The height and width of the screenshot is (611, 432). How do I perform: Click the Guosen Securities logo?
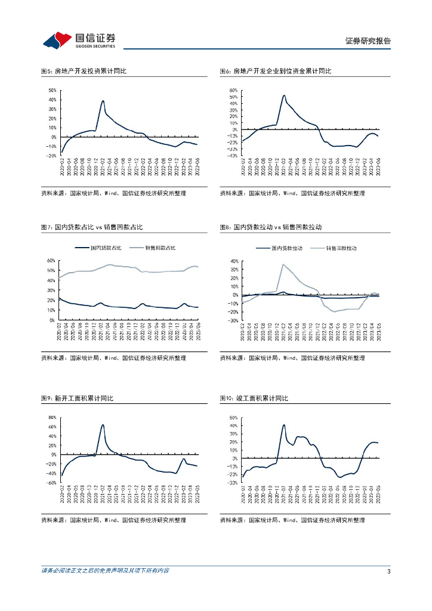(x=79, y=40)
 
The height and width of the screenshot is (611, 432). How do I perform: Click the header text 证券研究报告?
(x=368, y=41)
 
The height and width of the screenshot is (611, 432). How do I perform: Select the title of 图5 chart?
(x=84, y=71)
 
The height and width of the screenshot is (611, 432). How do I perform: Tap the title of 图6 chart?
(x=275, y=71)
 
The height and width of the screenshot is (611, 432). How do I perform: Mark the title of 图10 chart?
(x=254, y=398)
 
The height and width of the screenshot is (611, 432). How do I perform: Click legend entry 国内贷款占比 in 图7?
(x=106, y=248)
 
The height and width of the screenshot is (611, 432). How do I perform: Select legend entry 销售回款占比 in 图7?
(x=161, y=248)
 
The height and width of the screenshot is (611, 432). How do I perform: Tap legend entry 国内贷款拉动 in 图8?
(x=285, y=248)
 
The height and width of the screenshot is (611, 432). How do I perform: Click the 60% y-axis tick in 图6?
(x=233, y=90)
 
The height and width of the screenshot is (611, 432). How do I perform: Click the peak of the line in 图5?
(x=103, y=101)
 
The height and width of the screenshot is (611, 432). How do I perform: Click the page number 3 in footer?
(x=388, y=572)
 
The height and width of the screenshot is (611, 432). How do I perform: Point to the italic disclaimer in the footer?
(x=105, y=571)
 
